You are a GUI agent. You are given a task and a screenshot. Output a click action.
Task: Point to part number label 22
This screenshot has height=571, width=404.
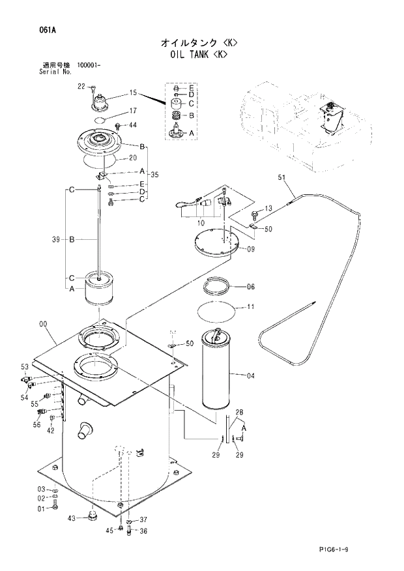[x=81, y=86]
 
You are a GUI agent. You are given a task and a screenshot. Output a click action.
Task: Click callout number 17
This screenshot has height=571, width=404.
[x=132, y=110]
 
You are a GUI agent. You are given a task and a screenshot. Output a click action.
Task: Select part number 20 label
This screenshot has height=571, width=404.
[x=132, y=158]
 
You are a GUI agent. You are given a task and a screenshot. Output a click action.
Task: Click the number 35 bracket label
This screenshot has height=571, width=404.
[x=154, y=175]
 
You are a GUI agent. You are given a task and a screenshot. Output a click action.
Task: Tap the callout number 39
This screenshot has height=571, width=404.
[x=56, y=240]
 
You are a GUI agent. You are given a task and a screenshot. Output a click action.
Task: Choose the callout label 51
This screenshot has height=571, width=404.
[x=281, y=177]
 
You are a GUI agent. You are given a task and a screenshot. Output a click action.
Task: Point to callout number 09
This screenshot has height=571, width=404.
[x=251, y=248]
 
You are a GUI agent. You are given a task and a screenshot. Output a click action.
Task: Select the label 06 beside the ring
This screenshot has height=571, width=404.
[x=250, y=286]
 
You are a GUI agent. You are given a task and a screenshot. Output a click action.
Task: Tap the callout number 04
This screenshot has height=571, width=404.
[x=251, y=375]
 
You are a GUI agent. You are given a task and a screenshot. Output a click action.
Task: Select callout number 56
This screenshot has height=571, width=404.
[x=36, y=424]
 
